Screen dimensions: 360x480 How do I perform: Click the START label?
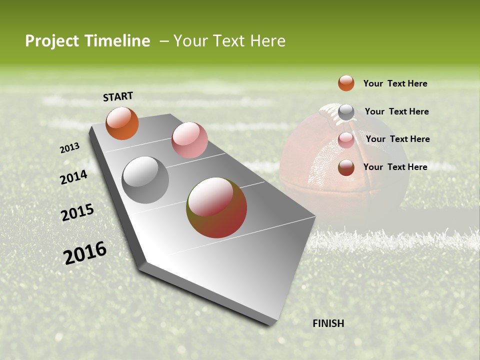pyautogui.click(x=118, y=96)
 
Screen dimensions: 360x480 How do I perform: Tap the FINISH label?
pyautogui.click(x=328, y=323)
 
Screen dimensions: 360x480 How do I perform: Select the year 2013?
pyautogui.click(x=69, y=148)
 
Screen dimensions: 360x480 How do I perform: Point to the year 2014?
pyautogui.click(x=73, y=177)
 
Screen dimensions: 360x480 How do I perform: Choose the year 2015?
pyautogui.click(x=77, y=212)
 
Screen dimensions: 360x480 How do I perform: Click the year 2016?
pyautogui.click(x=85, y=252)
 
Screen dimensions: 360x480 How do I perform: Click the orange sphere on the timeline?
pyautogui.click(x=122, y=123)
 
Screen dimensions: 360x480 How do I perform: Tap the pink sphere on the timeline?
pyautogui.click(x=189, y=140)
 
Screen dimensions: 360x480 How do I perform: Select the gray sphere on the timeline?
pyautogui.click(x=145, y=180)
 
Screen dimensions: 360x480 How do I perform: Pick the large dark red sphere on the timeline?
pyautogui.click(x=216, y=207)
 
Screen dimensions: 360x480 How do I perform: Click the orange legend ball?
pyautogui.click(x=346, y=83)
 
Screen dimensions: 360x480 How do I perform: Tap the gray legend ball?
pyautogui.click(x=346, y=112)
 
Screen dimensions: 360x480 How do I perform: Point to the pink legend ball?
pyautogui.click(x=346, y=140)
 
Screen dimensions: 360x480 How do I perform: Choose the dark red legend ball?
pyautogui.click(x=346, y=167)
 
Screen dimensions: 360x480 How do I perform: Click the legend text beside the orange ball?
pyautogui.click(x=395, y=83)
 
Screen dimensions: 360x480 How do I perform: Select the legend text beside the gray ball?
pyautogui.click(x=396, y=111)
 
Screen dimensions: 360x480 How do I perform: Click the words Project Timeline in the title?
pyautogui.click(x=87, y=41)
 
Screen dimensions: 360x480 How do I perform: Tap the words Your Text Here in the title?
pyautogui.click(x=229, y=41)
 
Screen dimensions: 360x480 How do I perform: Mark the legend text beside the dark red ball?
pyautogui.click(x=395, y=167)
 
